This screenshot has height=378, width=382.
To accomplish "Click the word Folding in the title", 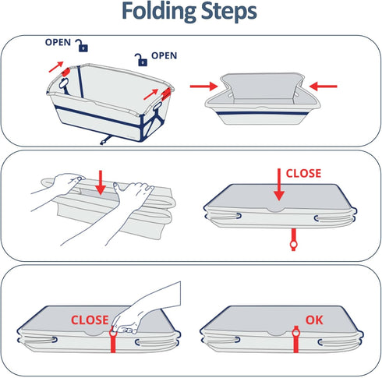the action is pyautogui.click(x=159, y=11).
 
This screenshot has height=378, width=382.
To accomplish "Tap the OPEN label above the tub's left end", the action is pyautogui.click(x=58, y=42).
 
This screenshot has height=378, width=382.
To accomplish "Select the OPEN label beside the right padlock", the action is pyautogui.click(x=164, y=55).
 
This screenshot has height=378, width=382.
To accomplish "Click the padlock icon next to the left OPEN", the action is pyautogui.click(x=82, y=46).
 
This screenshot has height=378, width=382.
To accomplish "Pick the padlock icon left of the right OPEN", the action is pyautogui.click(x=141, y=60).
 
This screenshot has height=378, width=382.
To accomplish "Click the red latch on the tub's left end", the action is pyautogui.click(x=65, y=72).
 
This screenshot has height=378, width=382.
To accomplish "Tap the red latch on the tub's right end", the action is pyautogui.click(x=166, y=94).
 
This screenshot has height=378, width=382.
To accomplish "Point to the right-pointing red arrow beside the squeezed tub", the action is pyautogui.click(x=204, y=86).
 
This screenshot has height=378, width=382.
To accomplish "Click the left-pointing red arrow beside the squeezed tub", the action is pyautogui.click(x=323, y=86).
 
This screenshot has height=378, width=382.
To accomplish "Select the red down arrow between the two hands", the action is pyautogui.click(x=101, y=182).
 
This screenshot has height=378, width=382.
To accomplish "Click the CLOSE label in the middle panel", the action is pyautogui.click(x=303, y=174).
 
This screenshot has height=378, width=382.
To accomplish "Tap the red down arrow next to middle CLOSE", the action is pyautogui.click(x=279, y=185).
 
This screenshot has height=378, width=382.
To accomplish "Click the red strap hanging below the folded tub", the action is pyautogui.click(x=293, y=239).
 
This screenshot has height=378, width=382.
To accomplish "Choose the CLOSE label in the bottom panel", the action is pyautogui.click(x=90, y=320).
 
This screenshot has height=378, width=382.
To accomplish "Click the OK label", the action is pyautogui.click(x=314, y=320).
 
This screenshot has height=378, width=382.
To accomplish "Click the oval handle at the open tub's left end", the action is pyautogui.click(x=64, y=83).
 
